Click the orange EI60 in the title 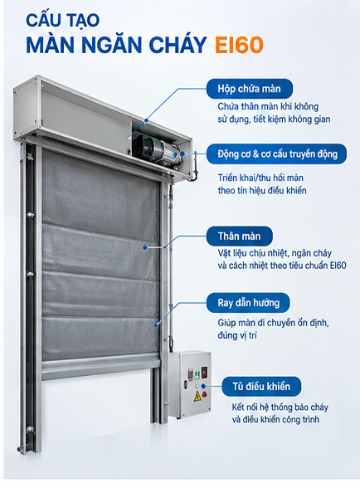tap(239, 45)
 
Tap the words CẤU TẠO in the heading tap(62, 21)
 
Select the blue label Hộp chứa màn tap(249, 89)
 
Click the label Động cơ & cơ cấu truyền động tap(277, 154)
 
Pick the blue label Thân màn tap(239, 236)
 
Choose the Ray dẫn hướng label tap(248, 302)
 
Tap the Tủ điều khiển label tap(261, 387)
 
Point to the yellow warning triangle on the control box tap(197, 396)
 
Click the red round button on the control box tap(204, 394)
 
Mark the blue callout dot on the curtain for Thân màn tap(145, 247)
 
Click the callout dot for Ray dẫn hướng tap(157, 325)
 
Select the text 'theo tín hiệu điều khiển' tap(262, 190)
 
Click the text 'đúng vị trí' tap(237, 335)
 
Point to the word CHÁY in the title tap(178, 45)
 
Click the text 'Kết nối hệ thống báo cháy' tap(280, 407)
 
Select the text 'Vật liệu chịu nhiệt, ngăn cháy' tap(275, 253)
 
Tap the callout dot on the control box tap(203, 386)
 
